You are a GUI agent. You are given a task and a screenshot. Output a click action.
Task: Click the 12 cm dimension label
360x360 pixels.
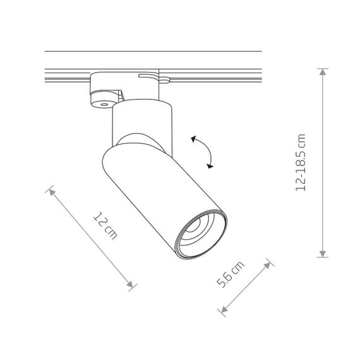pyautogui.click(x=105, y=225)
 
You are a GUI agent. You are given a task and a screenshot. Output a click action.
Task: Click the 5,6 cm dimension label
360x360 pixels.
pyautogui.click(x=231, y=274)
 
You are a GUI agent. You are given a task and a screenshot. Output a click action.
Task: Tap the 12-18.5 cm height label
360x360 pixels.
pyautogui.click(x=301, y=162)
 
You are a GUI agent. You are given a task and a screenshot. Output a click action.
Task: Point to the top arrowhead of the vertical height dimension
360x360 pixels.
pyautogui.click(x=323, y=72)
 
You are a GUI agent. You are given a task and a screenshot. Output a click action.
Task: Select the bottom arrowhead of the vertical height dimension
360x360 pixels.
pyautogui.click(x=323, y=254)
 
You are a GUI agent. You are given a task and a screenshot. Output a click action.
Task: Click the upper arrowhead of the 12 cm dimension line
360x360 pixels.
pyautogui.click(x=52, y=192)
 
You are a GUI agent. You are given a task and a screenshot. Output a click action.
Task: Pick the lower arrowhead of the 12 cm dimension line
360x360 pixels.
pyautogui.click(x=130, y=284)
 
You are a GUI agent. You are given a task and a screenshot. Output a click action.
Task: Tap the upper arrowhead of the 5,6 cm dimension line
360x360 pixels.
pyautogui.click(x=267, y=265)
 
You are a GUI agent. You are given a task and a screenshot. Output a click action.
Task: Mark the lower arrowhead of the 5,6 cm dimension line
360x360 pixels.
pyautogui.click(x=224, y=309)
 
